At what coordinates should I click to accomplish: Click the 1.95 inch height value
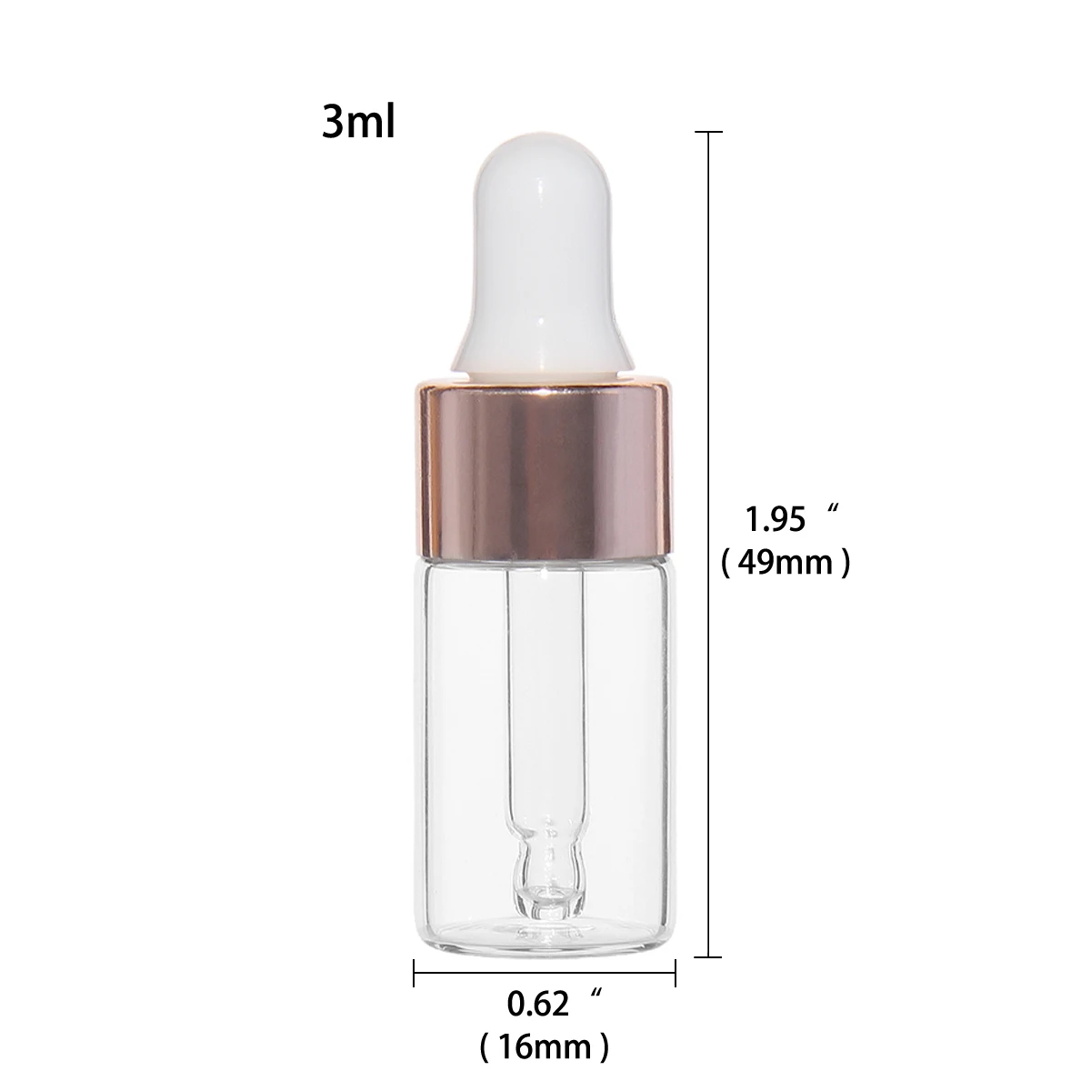point(776,520)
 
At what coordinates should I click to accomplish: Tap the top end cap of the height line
point(707,133)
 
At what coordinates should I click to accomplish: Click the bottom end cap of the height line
point(707,957)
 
